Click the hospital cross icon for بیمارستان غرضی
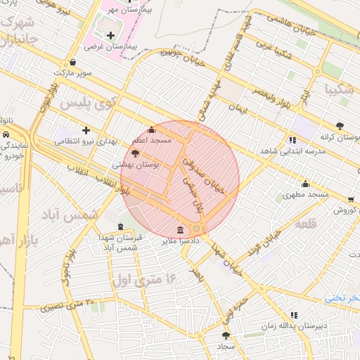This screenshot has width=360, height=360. (x=110, y=35)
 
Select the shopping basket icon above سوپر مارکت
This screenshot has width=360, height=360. (x=74, y=61)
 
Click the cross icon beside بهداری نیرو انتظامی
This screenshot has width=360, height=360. (x=86, y=130)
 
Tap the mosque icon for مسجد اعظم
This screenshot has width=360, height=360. (x=151, y=130)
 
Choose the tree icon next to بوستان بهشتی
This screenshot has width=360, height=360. (x=135, y=153)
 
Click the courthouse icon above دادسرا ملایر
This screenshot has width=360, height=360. (x=181, y=230)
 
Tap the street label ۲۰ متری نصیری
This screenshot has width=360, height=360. (x=71, y=305)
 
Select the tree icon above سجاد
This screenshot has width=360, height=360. (x=225, y=335)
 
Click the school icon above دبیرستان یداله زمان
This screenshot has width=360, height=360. (x=293, y=316)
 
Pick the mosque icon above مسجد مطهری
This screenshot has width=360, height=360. (x=304, y=184)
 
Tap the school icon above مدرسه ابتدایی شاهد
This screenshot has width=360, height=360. (x=292, y=140)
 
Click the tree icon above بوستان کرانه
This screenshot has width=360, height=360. (x=340, y=126)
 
